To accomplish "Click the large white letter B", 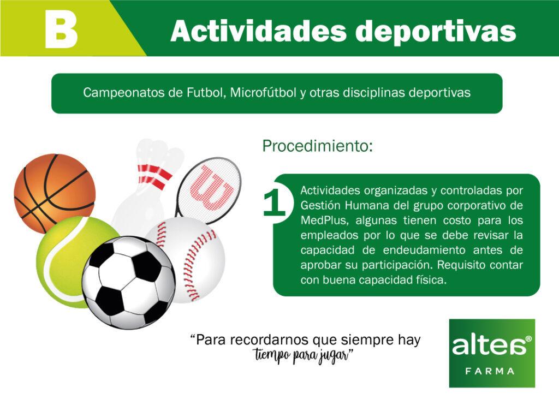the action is tap(61, 29).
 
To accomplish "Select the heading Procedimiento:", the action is tap(317, 146).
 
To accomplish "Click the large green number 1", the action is tap(275, 202).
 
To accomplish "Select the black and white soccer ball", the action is tap(128, 282).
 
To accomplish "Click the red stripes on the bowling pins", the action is tap(154, 175).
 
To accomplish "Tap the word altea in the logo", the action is tap(489, 346).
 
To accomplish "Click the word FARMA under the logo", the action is tap(490, 371).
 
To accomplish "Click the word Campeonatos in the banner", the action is tap(123, 93).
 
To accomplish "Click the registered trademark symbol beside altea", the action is tap(528, 338).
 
